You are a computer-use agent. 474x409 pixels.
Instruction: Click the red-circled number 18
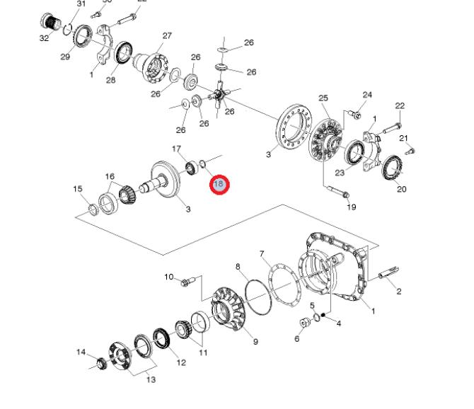coord(219,185)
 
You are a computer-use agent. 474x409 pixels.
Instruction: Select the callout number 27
coord(167,36)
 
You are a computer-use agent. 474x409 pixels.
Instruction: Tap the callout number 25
coord(323,98)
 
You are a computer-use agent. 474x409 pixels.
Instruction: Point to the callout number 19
coord(352,207)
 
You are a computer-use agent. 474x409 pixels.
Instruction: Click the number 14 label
coord(81,352)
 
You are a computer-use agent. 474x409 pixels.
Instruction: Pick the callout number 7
coord(262,253)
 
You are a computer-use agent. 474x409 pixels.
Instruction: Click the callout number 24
coord(367,95)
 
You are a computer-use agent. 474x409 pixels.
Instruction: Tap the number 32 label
coord(45,38)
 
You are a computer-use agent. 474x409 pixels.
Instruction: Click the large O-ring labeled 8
coord(258,292)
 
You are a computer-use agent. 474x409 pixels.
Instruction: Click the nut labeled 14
coord(101,364)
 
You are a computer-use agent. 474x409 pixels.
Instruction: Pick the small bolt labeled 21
coord(411,149)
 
